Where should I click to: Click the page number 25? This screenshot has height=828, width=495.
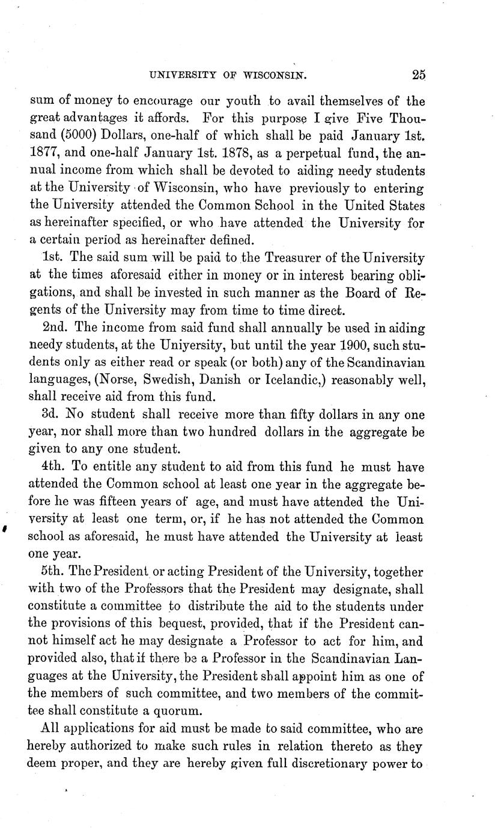point(419,75)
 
